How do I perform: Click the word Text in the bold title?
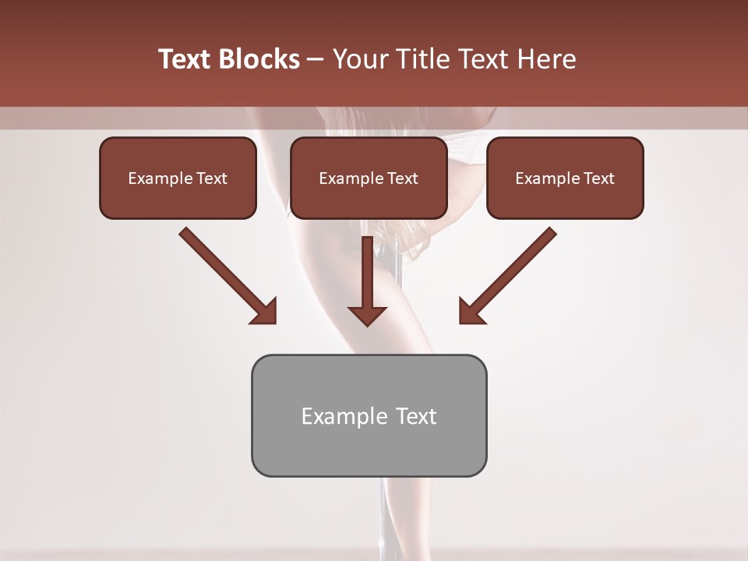pyautogui.click(x=186, y=59)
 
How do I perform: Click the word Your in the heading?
pyautogui.click(x=358, y=59)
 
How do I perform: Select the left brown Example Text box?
pyautogui.click(x=178, y=178)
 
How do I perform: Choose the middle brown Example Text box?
pyautogui.click(x=369, y=178)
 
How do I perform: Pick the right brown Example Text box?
pyautogui.click(x=565, y=178)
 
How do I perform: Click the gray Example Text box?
pyautogui.click(x=369, y=415)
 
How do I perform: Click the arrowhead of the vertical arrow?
pyautogui.click(x=368, y=315)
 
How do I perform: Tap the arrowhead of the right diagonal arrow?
pyautogui.click(x=471, y=312)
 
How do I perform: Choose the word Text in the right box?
pyautogui.click(x=598, y=178)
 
